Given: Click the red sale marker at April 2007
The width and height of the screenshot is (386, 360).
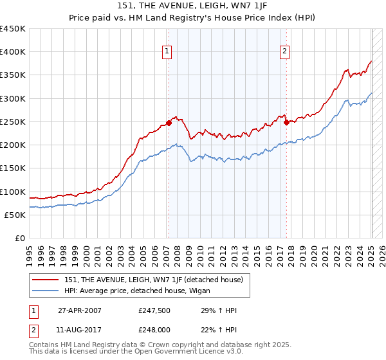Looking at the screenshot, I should (x=169, y=122).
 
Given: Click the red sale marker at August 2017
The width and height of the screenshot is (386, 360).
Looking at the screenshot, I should (x=286, y=122).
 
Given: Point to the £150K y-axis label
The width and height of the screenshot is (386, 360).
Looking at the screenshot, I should (x=13, y=168).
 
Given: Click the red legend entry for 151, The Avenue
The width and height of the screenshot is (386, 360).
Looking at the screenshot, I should (x=153, y=280).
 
